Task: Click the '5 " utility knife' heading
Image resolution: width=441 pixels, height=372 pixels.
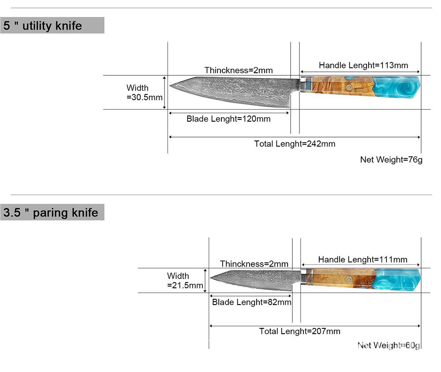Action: [43, 26]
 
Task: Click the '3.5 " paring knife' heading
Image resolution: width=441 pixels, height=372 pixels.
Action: [51, 212]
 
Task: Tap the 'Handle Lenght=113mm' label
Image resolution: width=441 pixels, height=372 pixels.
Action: [363, 65]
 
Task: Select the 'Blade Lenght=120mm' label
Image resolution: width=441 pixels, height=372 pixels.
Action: [228, 119]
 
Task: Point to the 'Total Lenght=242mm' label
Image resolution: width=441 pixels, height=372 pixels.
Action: [295, 144]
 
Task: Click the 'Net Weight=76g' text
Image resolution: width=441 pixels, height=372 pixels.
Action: [391, 160]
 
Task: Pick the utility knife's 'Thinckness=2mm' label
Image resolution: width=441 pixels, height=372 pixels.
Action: [239, 70]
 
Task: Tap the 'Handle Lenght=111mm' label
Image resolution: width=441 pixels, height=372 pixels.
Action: [363, 260]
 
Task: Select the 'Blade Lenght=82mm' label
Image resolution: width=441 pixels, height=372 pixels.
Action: [251, 302]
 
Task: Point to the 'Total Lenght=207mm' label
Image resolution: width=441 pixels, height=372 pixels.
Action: [299, 331]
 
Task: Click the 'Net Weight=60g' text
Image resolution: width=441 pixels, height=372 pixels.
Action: [389, 345]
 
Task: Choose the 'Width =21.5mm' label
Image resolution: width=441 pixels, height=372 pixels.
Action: [185, 281]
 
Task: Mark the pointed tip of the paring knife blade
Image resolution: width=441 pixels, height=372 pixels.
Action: [211, 278]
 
